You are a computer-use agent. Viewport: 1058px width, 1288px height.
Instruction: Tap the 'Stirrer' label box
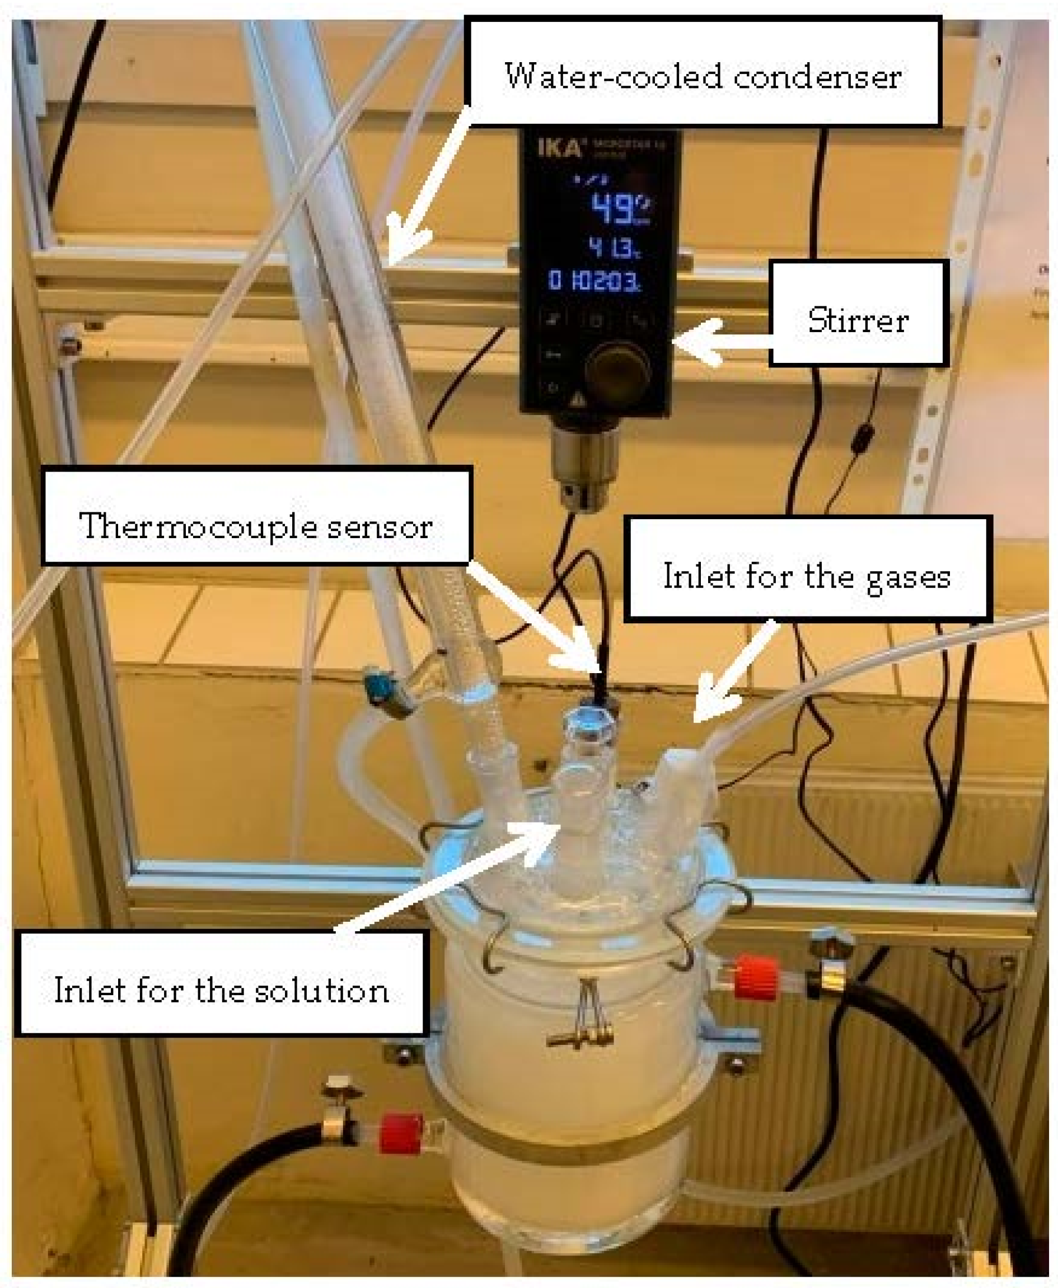click(858, 314)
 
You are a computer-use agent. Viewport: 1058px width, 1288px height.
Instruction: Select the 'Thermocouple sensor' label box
click(256, 516)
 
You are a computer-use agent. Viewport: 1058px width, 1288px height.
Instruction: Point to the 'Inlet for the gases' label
click(806, 569)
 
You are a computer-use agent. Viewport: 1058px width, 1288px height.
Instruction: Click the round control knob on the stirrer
click(616, 369)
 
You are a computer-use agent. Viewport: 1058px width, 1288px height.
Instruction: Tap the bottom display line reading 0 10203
click(594, 281)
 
